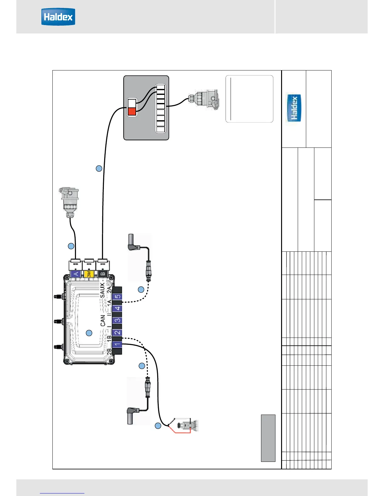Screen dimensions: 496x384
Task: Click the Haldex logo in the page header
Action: point(58,17)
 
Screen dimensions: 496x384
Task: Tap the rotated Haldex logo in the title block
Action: point(294,108)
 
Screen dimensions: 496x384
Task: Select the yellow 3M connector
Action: point(89,274)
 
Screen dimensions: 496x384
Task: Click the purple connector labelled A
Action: point(76,274)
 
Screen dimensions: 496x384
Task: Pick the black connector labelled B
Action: point(103,274)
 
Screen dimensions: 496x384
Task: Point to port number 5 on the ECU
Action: point(117,297)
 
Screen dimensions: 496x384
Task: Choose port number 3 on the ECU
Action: point(117,320)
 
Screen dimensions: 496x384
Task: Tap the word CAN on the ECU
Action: point(103,320)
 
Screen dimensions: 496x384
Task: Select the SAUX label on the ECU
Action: point(102,290)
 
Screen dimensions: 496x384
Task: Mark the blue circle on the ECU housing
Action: point(89,333)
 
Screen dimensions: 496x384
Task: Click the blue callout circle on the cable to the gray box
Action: point(99,168)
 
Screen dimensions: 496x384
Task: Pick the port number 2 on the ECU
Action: point(117,333)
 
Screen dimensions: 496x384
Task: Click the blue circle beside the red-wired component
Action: point(158,426)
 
